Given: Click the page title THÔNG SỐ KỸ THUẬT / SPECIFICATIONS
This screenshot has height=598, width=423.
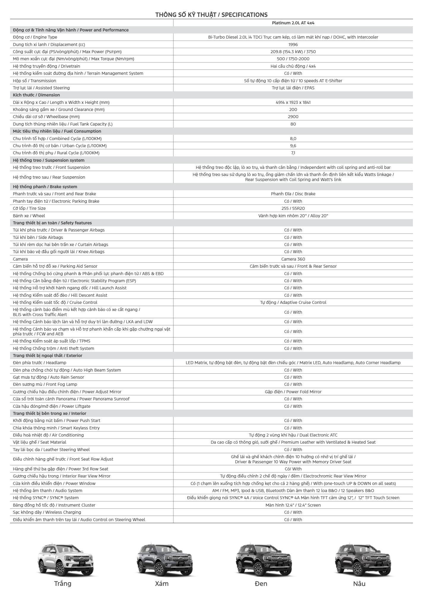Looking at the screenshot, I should [211, 15].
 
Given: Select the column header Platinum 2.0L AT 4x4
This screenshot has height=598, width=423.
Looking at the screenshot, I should [293, 23].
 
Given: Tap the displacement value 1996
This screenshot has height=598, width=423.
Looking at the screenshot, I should [293, 45].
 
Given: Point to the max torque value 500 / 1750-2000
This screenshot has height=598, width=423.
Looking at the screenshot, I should [293, 59].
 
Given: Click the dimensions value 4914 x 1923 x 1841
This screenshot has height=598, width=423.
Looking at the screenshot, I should [293, 102].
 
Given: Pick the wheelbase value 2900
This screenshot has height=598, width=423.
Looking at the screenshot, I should [293, 117].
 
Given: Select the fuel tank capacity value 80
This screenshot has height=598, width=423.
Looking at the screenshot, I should [293, 124].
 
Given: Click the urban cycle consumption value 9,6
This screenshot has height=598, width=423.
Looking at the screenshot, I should [293, 146].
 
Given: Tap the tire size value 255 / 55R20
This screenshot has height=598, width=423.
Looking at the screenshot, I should [293, 208].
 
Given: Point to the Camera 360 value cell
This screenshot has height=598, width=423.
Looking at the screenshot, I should [293, 259].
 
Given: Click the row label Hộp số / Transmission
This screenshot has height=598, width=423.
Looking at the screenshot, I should [34, 81].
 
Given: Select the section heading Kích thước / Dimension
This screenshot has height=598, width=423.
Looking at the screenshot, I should [36, 95].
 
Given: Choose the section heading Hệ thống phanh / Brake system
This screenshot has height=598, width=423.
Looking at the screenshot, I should [45, 187].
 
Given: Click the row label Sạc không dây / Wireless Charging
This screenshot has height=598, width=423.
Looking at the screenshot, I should [47, 512].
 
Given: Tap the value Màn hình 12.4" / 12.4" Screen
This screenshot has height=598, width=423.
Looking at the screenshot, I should [293, 505].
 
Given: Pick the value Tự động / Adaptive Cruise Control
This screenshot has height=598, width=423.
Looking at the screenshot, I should [293, 302].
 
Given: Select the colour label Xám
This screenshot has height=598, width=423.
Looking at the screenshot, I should [162, 584].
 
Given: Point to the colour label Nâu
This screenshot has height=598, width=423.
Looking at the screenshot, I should [359, 584].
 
